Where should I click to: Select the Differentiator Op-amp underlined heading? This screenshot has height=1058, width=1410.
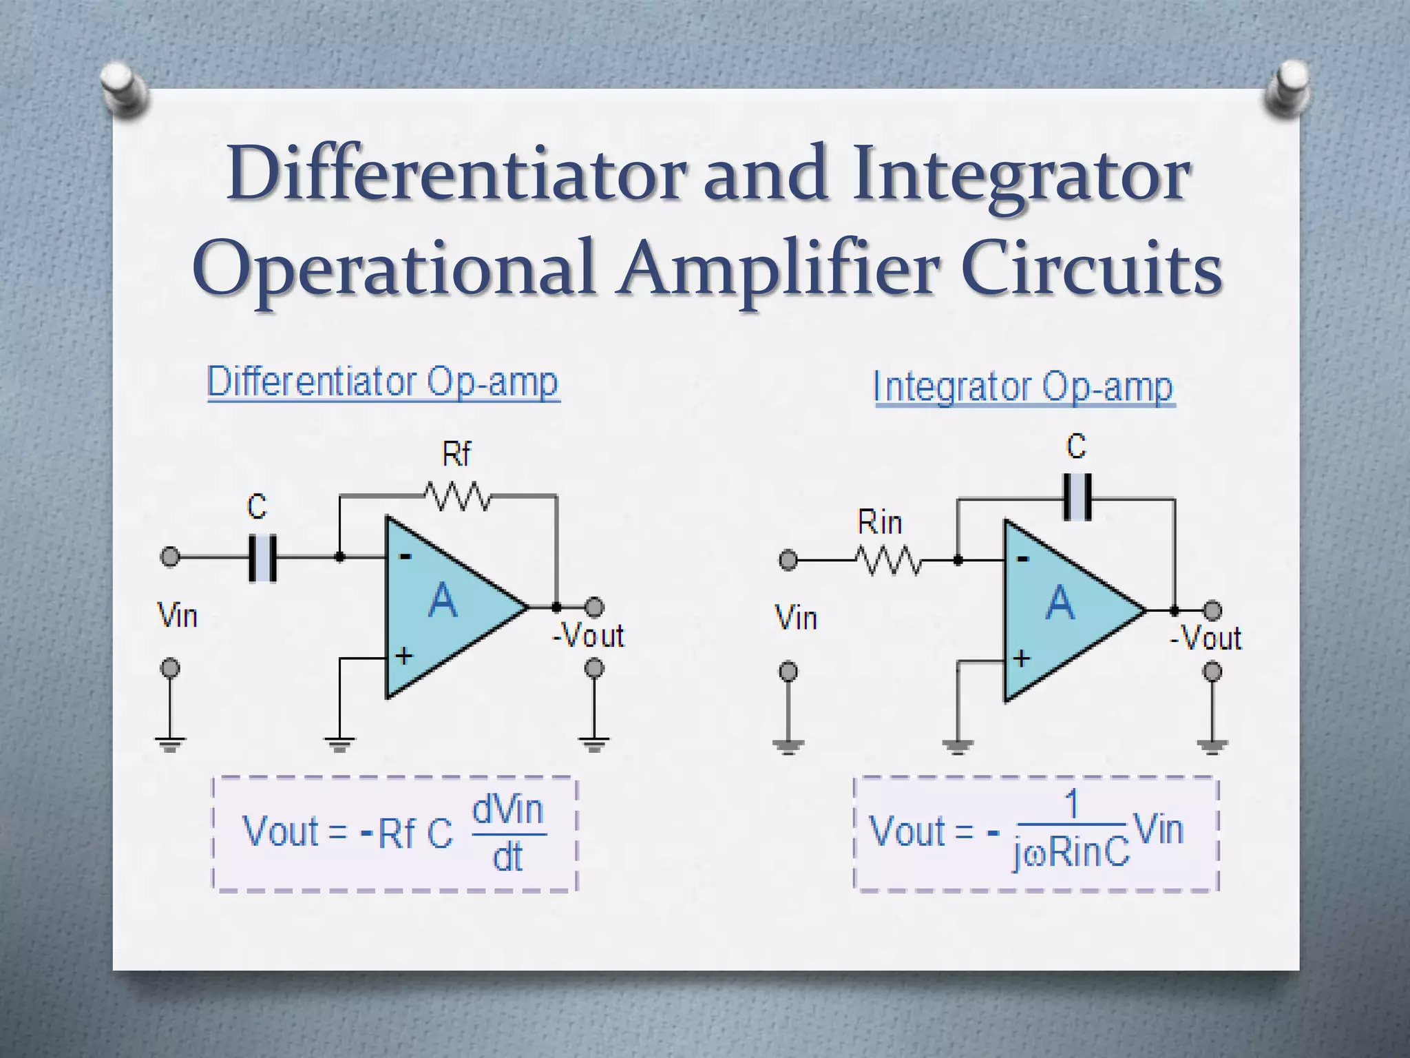(383, 382)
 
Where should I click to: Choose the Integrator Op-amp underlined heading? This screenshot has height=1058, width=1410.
(1024, 387)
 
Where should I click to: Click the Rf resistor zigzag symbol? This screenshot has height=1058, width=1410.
(457, 496)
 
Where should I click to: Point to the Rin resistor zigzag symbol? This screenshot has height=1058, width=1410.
(889, 561)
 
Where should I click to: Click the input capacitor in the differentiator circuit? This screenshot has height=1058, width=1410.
(262, 557)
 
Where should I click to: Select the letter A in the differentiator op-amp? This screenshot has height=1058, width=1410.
(443, 601)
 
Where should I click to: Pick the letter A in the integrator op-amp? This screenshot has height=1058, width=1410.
(1060, 603)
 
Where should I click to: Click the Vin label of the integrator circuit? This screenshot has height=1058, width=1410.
(797, 618)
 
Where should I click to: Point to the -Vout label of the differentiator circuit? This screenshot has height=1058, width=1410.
(588, 636)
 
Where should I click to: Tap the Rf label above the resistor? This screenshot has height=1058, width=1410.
(456, 455)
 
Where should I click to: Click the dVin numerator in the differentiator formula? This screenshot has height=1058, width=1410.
(508, 809)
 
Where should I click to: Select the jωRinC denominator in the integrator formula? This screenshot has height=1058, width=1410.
(1071, 854)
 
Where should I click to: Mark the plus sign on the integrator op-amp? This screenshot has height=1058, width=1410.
(1022, 658)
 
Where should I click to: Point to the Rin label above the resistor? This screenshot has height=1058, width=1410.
(880, 523)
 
